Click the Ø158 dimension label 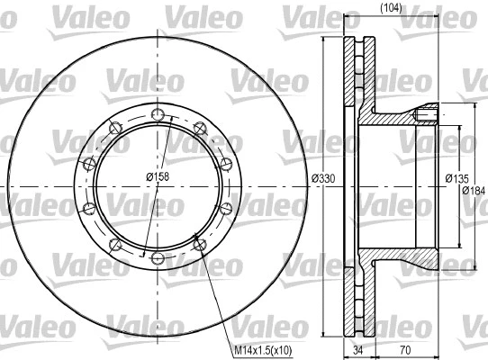(x=158, y=176)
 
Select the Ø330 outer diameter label (x=323, y=178)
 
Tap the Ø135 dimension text (x=456, y=178)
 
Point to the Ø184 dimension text (x=474, y=190)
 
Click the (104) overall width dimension (x=391, y=8)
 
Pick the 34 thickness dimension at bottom (x=358, y=350)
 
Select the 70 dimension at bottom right (x=405, y=350)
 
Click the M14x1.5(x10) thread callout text (x=263, y=351)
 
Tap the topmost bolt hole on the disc (x=158, y=114)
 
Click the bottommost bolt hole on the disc (x=158, y=257)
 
